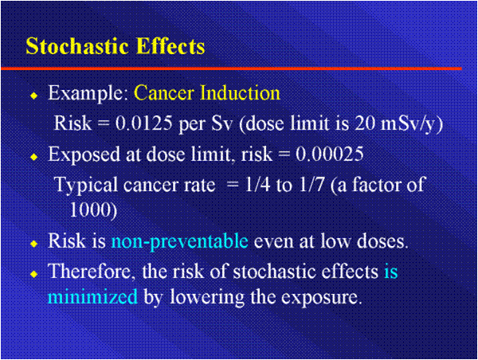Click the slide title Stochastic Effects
point(116,45)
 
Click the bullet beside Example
point(33,96)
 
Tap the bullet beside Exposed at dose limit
point(33,157)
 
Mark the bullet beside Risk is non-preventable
point(33,243)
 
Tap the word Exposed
point(83,155)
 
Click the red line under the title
point(239,68)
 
